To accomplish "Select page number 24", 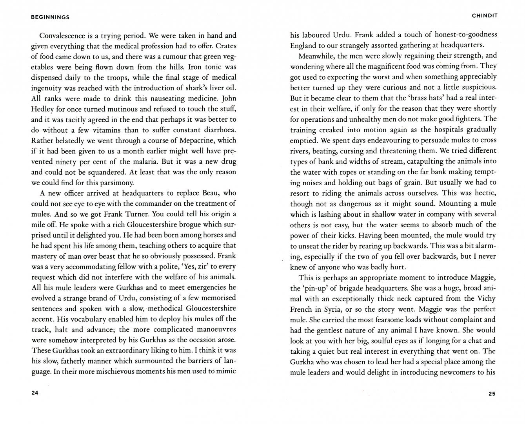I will point(35,394).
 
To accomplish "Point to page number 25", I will point(492,394).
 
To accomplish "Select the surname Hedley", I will point(43,109).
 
